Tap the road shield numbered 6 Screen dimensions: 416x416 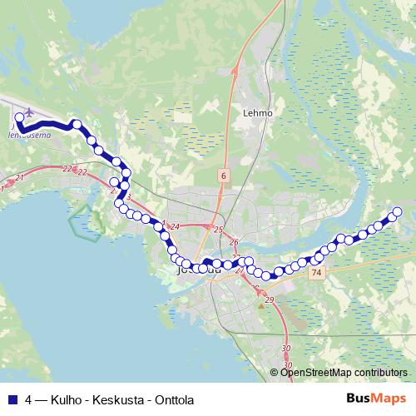pyautogui.click(x=224, y=176)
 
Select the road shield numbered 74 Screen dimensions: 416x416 pyautogui.click(x=314, y=272)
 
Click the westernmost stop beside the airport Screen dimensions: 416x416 pyautogui.click(x=19, y=119)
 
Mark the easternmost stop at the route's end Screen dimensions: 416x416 pyautogui.click(x=397, y=212)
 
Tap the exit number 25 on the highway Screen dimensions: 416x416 pyautogui.click(x=219, y=230)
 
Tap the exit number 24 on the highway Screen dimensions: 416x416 pyautogui.click(x=175, y=225)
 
